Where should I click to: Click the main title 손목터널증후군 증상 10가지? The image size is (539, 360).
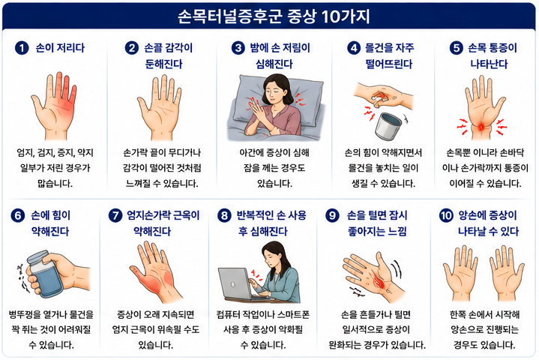pos(274,16)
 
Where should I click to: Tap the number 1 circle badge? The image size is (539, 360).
pos(21,48)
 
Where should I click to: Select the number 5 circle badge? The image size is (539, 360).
pos(456,48)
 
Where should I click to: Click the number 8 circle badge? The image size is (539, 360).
pos(224,215)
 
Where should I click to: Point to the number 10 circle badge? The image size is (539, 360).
pos(446,215)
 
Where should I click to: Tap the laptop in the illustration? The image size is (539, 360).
pos(237,285)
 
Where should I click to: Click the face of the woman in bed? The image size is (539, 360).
pos(274,91)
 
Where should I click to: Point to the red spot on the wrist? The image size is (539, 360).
pos(481,127)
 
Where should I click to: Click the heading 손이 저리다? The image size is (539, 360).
pos(60,48)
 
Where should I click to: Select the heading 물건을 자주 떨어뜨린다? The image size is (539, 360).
pos(389,55)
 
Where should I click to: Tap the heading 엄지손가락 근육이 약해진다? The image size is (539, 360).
pos(163,223)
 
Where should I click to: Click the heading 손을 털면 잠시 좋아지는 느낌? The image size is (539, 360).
pos(377,223)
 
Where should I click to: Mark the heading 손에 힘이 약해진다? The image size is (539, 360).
pos(50,223)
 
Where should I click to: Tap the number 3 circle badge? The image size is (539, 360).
pos(238,48)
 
